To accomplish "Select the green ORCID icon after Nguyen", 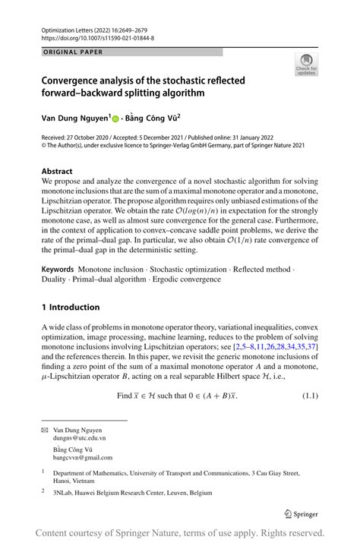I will [x=116, y=119].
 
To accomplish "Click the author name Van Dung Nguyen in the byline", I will [x=74, y=118].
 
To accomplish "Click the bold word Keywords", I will [x=58, y=270].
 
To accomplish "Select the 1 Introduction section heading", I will [x=71, y=308].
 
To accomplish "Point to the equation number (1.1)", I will [x=310, y=396].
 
